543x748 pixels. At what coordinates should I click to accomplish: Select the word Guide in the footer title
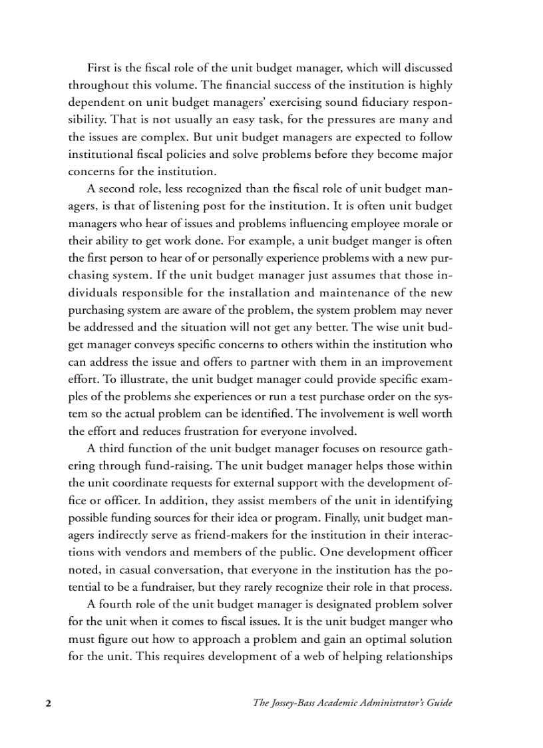click(x=438, y=703)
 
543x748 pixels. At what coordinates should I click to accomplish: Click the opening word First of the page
click(x=99, y=68)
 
